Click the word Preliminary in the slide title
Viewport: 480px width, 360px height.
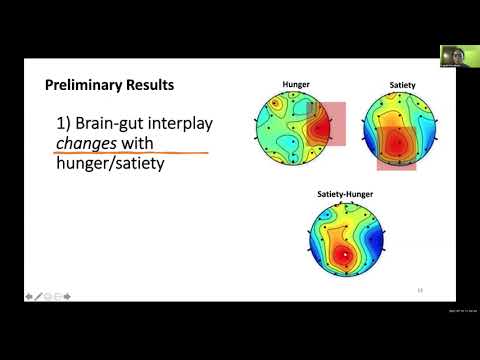[x=85, y=86]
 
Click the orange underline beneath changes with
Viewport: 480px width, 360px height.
[x=130, y=154]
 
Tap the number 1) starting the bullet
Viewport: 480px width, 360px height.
[x=66, y=124]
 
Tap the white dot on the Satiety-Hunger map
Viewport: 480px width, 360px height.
[x=346, y=257]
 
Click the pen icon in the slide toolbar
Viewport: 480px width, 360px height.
[x=39, y=297]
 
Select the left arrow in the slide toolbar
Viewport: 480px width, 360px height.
[x=29, y=297]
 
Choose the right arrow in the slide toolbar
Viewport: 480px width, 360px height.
[x=68, y=297]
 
